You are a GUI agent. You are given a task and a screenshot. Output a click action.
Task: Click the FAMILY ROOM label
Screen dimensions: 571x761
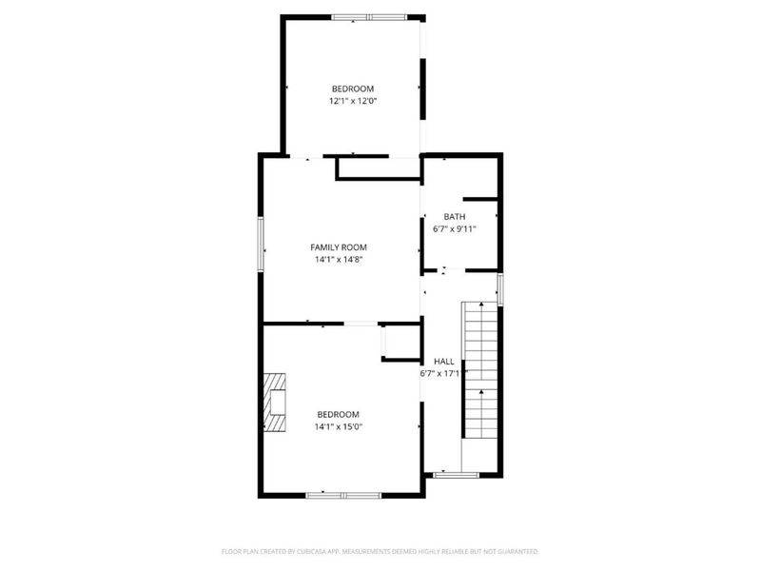(x=339, y=247)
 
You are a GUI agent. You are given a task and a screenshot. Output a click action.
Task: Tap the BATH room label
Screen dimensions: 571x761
(x=455, y=217)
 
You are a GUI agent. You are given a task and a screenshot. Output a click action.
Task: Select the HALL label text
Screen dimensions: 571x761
(x=444, y=362)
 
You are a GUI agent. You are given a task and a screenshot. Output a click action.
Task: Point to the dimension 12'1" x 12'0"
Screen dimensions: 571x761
(x=353, y=100)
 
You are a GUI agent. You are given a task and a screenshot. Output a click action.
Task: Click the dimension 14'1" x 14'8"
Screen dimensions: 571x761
(x=339, y=259)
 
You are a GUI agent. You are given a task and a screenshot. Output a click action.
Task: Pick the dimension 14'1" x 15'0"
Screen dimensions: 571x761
(x=339, y=426)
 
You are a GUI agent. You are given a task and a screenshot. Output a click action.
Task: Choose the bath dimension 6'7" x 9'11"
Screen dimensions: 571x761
(x=455, y=228)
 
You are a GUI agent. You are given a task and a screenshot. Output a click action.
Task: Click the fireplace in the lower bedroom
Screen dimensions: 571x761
(x=276, y=402)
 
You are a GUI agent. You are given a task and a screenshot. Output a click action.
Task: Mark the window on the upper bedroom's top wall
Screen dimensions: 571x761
(x=367, y=16)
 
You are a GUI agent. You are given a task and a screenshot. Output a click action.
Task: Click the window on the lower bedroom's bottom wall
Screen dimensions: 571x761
(x=343, y=495)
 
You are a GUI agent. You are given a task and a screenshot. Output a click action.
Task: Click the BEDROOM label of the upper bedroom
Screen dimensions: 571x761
(x=353, y=89)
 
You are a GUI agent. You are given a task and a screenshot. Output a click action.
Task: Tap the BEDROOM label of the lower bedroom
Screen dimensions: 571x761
(x=339, y=414)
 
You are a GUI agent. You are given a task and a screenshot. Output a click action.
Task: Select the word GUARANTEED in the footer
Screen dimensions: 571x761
(x=517, y=551)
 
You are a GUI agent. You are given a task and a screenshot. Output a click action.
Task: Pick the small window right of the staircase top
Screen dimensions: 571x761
(x=500, y=288)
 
